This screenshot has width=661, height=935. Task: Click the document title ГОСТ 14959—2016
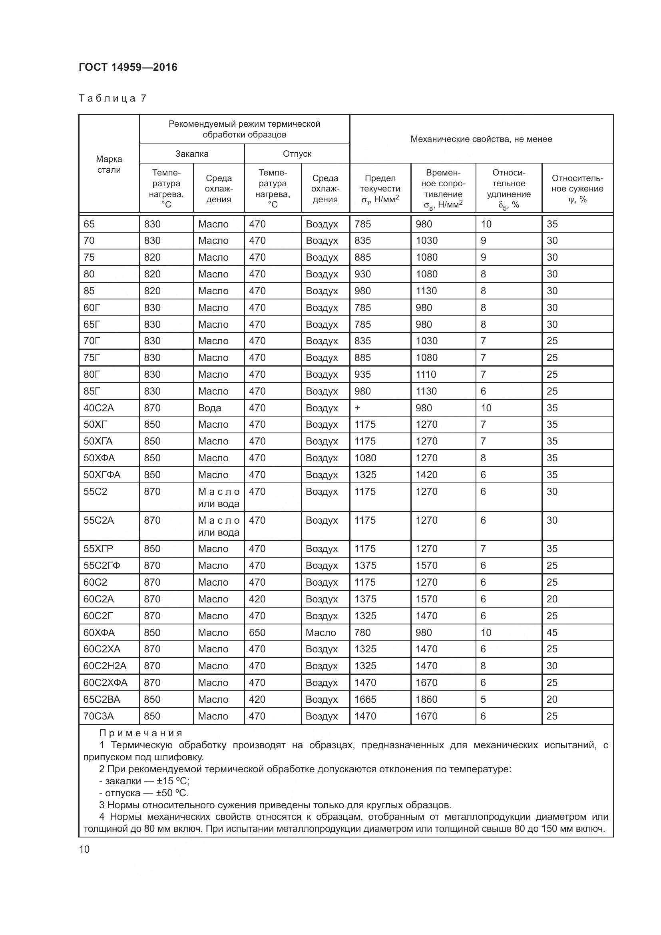pos(128,67)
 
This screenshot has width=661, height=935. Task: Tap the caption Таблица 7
pos(112,98)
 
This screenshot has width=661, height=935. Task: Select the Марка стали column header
pos(109,164)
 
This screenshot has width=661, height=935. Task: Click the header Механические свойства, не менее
pos(481,139)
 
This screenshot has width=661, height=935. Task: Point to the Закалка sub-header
pos(192,154)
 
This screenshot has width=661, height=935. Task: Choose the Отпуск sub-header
pos(297,154)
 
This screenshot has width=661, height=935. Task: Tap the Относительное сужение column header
pos(577,189)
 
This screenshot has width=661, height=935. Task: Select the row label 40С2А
pos(98,408)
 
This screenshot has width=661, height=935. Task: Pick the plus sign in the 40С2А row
pos(357,408)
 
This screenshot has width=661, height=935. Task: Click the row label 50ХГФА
pos(102,475)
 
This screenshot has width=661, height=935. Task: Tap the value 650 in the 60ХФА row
pos(257,633)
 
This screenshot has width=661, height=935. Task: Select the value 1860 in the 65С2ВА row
pos(426,700)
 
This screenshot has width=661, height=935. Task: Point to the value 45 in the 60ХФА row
pos(552,633)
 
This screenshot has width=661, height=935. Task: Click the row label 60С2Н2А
pos(105,666)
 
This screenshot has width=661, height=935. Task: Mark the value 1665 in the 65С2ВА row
pos(365,700)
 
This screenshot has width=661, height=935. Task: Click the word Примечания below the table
pos(141,734)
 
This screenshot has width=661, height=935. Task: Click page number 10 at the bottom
pos(84,849)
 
